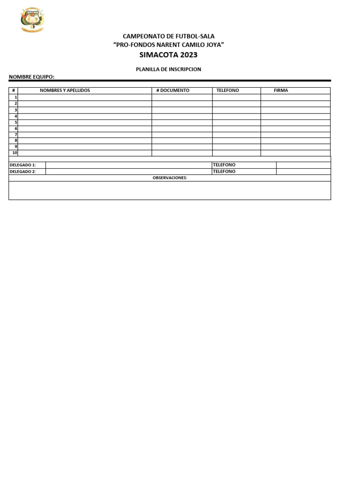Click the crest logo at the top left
tap(32, 20)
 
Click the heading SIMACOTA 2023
tap(168, 55)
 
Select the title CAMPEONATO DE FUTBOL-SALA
tap(168, 36)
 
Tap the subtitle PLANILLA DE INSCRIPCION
tap(168, 69)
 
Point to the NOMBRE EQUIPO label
tap(32, 76)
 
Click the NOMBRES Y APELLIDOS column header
tap(65, 90)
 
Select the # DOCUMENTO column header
tap(173, 90)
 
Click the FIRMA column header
tap(281, 90)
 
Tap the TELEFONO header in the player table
tap(228, 90)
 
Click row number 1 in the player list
tap(15, 97)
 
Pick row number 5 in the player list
tap(15, 122)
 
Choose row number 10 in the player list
tap(15, 153)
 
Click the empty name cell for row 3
tap(84, 110)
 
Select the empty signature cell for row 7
tap(295, 135)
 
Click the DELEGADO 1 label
tap(23, 165)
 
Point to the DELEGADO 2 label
tap(23, 172)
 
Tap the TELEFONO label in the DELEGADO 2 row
tap(224, 172)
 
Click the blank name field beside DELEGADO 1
tap(128, 165)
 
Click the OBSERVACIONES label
tap(170, 178)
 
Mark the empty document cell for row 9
tap(182, 147)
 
